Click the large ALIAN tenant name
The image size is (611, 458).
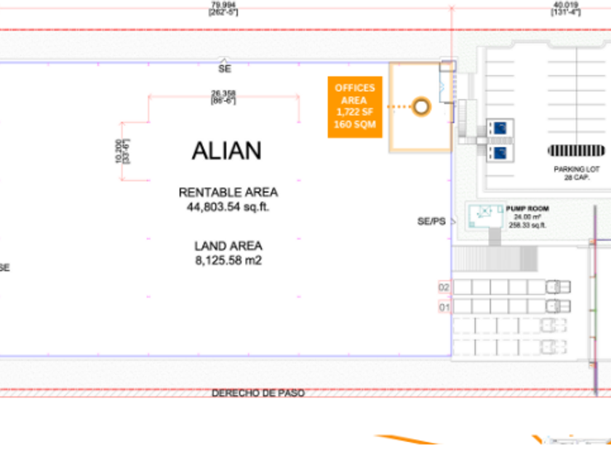226,150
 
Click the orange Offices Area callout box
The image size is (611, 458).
354,106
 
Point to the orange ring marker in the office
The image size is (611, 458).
421,107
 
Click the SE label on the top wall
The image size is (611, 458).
224,70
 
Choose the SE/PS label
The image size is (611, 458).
431,221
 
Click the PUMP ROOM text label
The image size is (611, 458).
529,209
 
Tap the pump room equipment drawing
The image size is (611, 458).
486,215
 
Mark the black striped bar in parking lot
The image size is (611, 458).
577,150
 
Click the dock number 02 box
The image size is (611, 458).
444,288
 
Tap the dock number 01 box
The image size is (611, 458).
444,307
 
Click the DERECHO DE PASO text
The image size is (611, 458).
257,393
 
